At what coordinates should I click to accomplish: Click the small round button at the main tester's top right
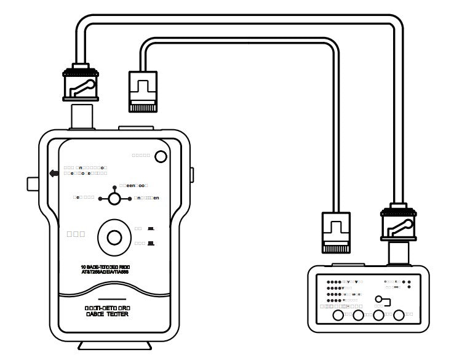coord(161,156)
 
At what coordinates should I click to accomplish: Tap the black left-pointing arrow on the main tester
coord(54,174)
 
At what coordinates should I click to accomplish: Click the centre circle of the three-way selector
coord(114,198)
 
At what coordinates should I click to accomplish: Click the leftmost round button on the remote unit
coord(338,316)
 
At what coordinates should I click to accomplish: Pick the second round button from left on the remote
coord(358,316)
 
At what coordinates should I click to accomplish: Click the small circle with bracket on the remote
coord(381,300)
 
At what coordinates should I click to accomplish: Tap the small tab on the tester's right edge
coord(191,175)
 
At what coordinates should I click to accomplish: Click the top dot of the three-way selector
coord(114,186)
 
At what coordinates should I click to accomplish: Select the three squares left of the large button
coord(75,234)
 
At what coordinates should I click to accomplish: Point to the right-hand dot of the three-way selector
coord(130,198)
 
